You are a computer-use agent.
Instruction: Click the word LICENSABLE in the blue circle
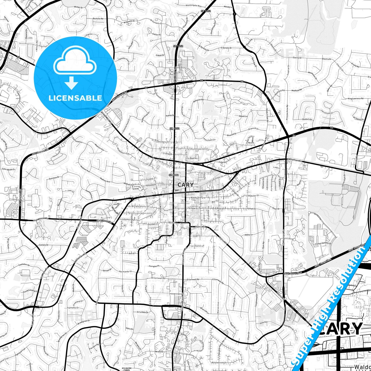pos(75,98)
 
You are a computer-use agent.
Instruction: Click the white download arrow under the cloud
pos(71,83)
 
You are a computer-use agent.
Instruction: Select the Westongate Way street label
pos(193,5)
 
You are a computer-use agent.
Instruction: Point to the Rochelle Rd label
pos(98,19)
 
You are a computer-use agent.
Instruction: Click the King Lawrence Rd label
pos(356,98)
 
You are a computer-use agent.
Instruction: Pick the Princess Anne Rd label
pos(287,112)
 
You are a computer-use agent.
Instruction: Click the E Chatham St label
pos(294,160)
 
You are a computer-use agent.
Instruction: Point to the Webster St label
pos(253,196)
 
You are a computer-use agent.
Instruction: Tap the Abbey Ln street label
pos(249,235)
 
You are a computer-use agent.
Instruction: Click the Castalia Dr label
pos(44,245)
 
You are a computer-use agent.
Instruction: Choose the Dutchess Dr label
pos(54,177)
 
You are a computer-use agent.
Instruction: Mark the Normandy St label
pos(125,271)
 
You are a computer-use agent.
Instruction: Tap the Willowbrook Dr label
pos(219,363)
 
